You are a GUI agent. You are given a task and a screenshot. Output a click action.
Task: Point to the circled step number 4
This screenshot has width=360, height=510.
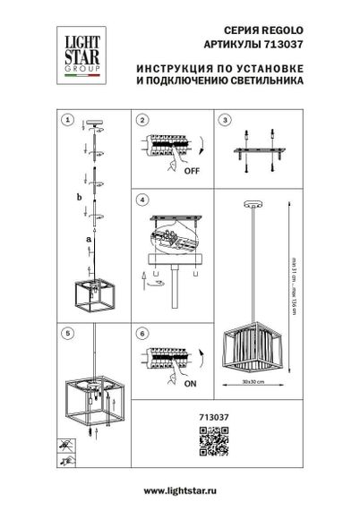click(141, 199)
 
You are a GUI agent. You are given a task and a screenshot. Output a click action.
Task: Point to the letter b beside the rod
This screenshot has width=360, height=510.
click(78, 198)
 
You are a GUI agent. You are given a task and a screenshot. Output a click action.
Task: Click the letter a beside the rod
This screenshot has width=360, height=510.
click(87, 241)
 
